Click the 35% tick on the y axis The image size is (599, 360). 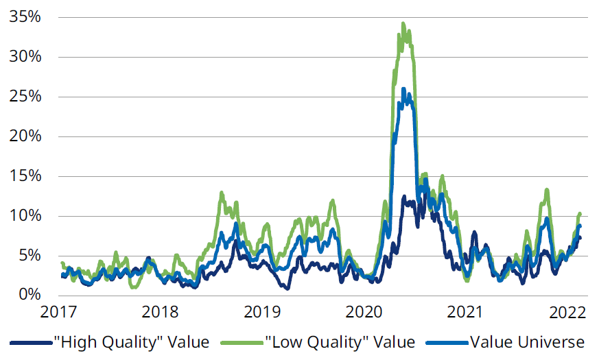pos(24,17)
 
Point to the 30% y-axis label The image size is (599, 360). pos(24,57)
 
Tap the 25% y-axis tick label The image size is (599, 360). pos(24,97)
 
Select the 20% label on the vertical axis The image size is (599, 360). pos(24,136)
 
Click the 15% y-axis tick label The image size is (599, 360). pos(24,176)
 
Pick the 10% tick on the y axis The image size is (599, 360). pos(24,216)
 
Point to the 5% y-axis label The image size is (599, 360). pos(29,256)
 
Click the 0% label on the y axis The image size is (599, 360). pos(29,295)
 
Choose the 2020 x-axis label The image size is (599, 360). pos(364,313)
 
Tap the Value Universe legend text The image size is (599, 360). pos(526,341)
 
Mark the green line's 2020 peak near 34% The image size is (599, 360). pos(403,24)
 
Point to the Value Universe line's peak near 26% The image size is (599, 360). pos(403,88)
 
